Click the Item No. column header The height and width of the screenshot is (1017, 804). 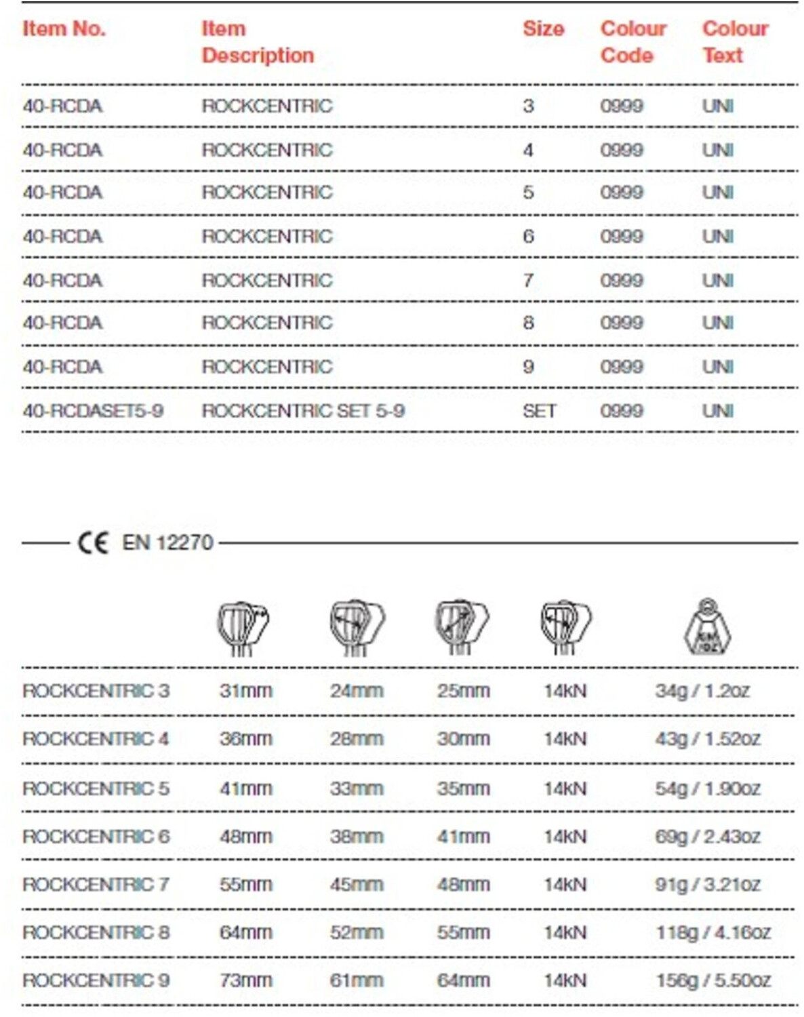[x=64, y=29]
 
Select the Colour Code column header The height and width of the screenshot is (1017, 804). [x=633, y=42]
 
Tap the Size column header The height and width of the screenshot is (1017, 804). [x=543, y=29]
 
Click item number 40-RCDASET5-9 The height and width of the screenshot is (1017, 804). [x=93, y=411]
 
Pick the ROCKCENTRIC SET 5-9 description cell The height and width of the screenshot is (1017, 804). [x=303, y=411]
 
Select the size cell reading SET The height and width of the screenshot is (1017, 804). [x=539, y=411]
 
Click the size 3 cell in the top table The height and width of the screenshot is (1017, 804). [x=528, y=106]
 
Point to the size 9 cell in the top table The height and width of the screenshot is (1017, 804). [x=528, y=367]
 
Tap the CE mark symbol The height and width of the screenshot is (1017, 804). [x=93, y=543]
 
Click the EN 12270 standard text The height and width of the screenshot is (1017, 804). [x=167, y=543]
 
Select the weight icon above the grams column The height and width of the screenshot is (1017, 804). [x=707, y=627]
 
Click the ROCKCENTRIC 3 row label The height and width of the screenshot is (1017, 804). [x=96, y=691]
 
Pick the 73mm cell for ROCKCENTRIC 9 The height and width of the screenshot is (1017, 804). [x=245, y=980]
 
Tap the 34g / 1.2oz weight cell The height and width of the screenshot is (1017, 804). [x=702, y=691]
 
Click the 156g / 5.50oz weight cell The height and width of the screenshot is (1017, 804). [x=713, y=980]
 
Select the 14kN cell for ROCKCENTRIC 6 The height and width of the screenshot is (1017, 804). [x=565, y=837]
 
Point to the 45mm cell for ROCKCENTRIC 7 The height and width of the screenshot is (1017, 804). [x=357, y=885]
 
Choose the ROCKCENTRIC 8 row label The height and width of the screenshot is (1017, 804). [x=96, y=933]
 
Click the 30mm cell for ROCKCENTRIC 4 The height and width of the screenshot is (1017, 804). [x=463, y=739]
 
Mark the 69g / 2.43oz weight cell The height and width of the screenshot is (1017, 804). [x=708, y=837]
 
